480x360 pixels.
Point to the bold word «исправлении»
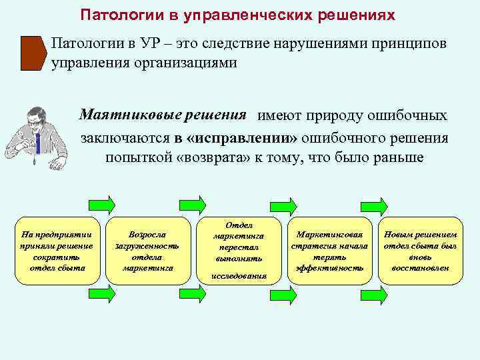pos(241,138)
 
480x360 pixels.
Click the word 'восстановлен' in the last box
pos(421,268)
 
